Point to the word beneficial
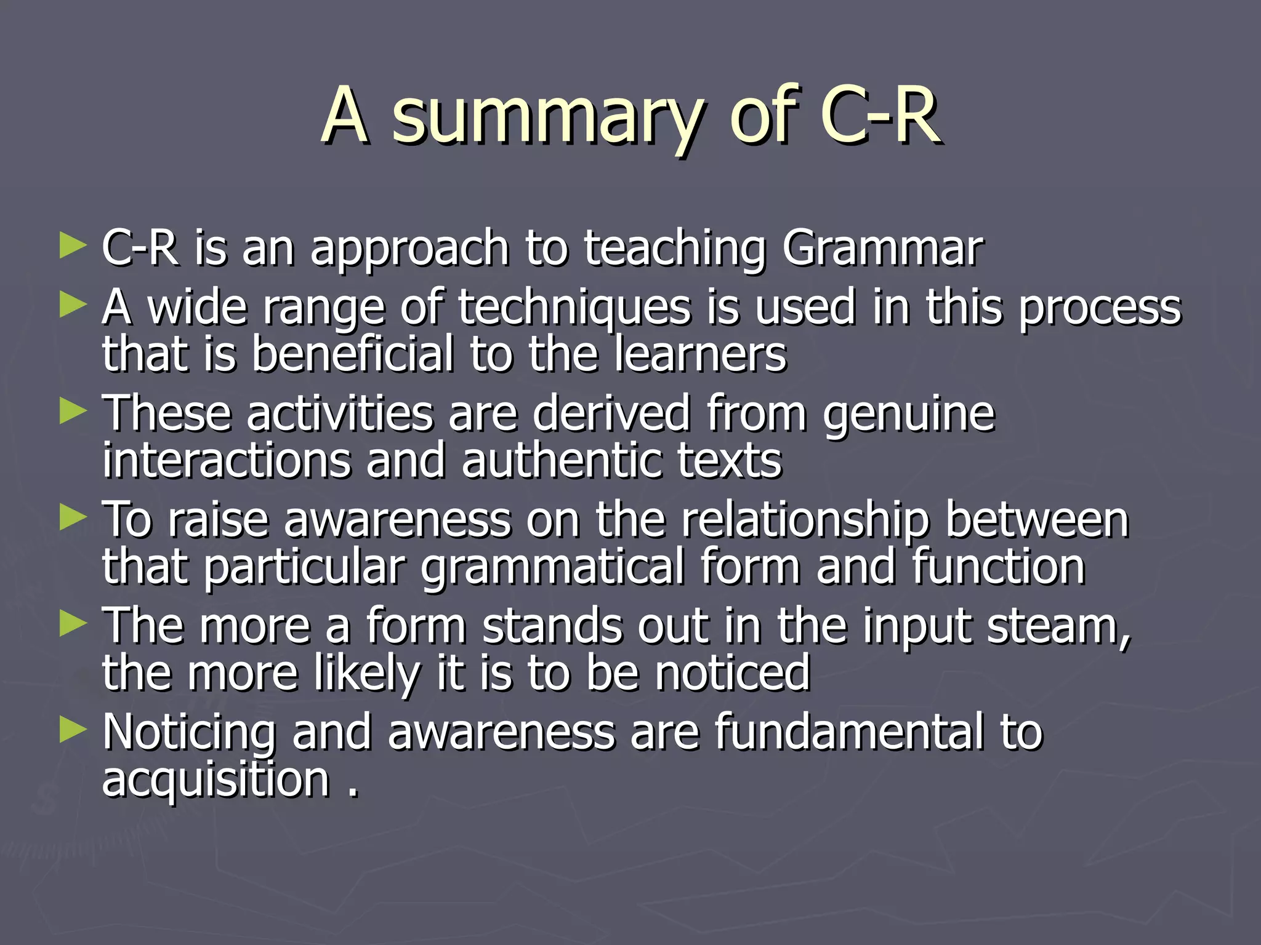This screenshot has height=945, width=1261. tap(353, 355)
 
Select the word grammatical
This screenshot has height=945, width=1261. tap(552, 567)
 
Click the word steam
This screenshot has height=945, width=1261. tap(1058, 626)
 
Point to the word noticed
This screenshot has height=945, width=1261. tap(732, 673)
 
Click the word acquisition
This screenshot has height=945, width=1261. tap(216, 780)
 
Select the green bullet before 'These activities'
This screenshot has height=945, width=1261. tap(73, 411)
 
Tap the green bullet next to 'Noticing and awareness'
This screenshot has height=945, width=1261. tap(73, 730)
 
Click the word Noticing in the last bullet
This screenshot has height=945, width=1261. tap(189, 733)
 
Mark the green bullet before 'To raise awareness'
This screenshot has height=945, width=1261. tap(73, 517)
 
